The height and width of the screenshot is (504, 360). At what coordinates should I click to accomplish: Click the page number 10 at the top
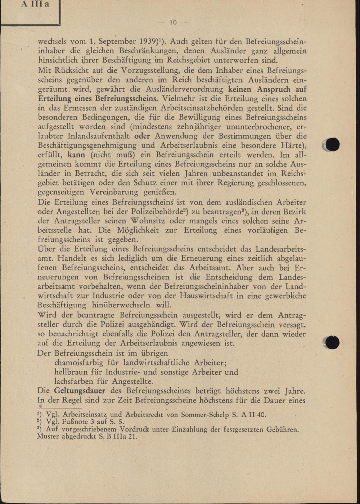click(x=173, y=22)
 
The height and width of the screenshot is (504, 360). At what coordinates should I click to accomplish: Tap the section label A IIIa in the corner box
click(x=35, y=5)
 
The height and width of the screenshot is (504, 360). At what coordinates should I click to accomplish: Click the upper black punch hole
click(x=333, y=144)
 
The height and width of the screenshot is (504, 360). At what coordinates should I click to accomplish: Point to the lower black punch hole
click(x=333, y=342)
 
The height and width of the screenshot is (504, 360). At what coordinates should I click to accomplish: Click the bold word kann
click(x=76, y=155)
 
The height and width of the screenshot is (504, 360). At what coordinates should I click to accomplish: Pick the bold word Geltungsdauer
click(x=80, y=391)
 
